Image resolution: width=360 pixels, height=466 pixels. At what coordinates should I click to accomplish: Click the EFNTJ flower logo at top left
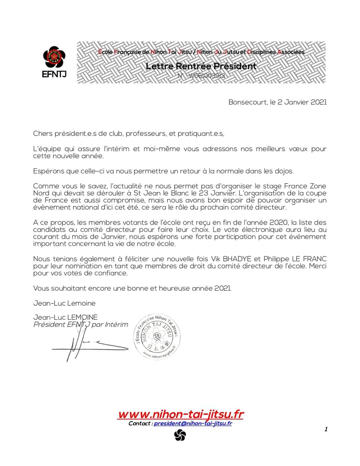click(54, 57)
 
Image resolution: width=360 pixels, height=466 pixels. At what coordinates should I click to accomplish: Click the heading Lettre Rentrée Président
click(201, 66)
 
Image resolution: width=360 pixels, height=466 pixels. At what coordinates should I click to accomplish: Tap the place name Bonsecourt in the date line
click(247, 102)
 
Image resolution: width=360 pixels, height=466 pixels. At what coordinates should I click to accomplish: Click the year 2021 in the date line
click(318, 102)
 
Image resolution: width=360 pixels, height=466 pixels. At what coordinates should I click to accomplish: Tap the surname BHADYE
click(240, 259)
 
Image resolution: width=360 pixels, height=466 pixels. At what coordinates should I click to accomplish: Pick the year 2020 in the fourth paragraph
click(278, 222)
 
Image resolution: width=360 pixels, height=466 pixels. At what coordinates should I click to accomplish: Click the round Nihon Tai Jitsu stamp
click(157, 336)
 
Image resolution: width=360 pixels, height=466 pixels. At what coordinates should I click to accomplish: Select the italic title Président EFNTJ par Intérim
click(81, 324)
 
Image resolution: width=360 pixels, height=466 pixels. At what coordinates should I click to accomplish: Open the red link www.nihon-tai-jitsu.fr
click(181, 414)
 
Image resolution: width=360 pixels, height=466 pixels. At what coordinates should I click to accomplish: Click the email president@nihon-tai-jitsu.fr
click(193, 423)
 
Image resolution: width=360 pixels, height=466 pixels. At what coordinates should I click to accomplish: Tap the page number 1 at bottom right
click(326, 429)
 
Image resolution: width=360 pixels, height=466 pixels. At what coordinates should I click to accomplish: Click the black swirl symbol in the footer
click(180, 435)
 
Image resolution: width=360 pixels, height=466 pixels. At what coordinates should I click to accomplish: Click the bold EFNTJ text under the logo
click(54, 74)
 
